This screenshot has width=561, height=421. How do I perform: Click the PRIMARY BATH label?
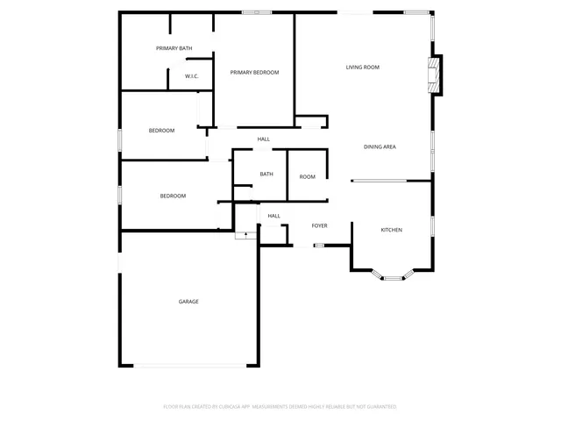click(x=174, y=48)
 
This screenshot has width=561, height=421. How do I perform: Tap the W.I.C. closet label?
click(x=192, y=77)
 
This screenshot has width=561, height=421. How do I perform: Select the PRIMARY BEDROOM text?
click(x=254, y=73)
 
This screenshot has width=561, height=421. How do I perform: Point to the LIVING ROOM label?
click(x=362, y=67)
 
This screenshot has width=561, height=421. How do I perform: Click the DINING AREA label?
click(x=380, y=146)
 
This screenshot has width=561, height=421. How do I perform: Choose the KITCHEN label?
click(x=391, y=230)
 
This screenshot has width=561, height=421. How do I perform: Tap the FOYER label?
click(x=320, y=225)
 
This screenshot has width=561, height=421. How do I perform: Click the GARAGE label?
click(x=188, y=302)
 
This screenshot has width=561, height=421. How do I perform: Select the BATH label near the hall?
click(x=266, y=174)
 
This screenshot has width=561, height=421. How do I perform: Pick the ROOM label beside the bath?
click(x=307, y=177)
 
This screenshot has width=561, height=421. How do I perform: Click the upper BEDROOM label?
click(x=161, y=131)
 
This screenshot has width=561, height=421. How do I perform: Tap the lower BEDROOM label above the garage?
click(x=173, y=196)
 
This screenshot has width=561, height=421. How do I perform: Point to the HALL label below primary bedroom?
click(x=263, y=139)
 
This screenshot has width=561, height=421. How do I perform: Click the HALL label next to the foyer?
click(x=273, y=216)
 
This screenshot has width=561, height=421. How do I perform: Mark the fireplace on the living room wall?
click(x=435, y=75)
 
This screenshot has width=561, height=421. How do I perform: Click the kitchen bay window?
click(x=392, y=277)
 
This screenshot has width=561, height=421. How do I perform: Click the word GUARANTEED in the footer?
click(x=379, y=407)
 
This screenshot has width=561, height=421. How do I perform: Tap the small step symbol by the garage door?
click(x=246, y=234)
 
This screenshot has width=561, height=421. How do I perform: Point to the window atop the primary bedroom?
click(x=257, y=12)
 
